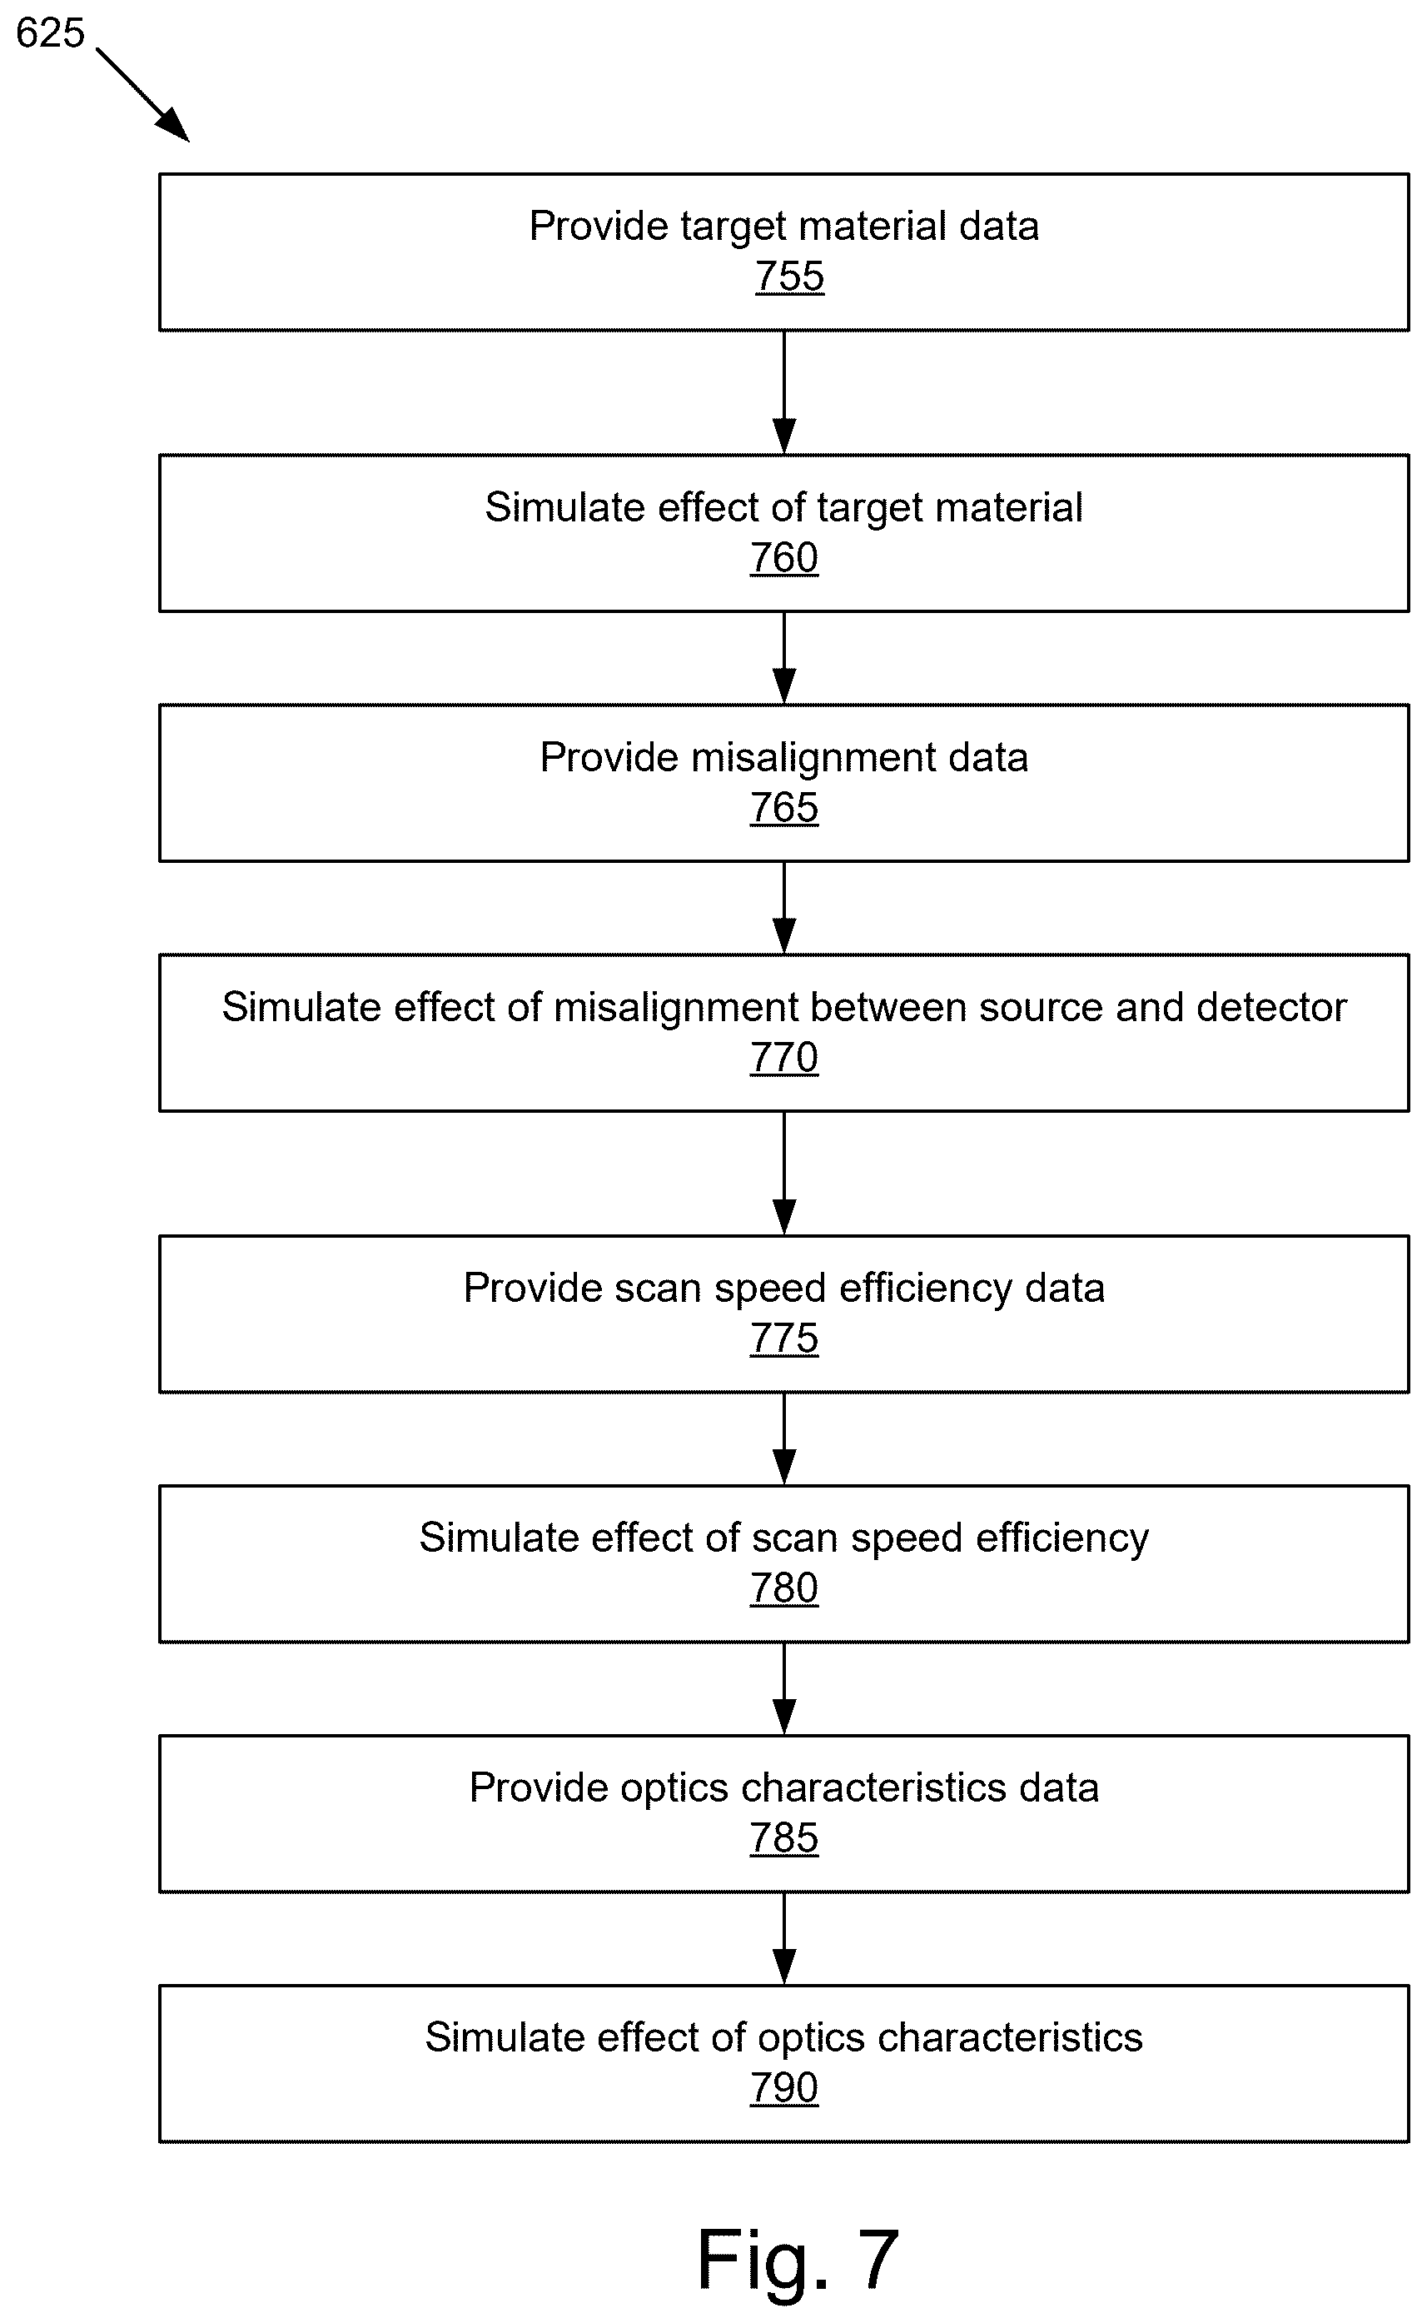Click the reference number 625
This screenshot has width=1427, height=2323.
(51, 33)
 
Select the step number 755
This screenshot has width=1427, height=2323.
(789, 277)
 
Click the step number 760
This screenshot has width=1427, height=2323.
(784, 558)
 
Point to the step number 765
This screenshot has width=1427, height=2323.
(784, 808)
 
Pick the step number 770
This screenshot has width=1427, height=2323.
(784, 1058)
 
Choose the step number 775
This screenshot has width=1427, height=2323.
(784, 1339)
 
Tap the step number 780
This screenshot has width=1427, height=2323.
(784, 1588)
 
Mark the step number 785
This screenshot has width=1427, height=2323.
(784, 1839)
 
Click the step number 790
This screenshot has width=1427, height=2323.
(784, 2089)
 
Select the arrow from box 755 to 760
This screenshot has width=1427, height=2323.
(784, 392)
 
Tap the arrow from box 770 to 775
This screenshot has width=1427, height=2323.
(784, 1174)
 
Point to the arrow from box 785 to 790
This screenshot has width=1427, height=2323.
(784, 1939)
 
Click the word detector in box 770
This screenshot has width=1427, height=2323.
(1271, 1007)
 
